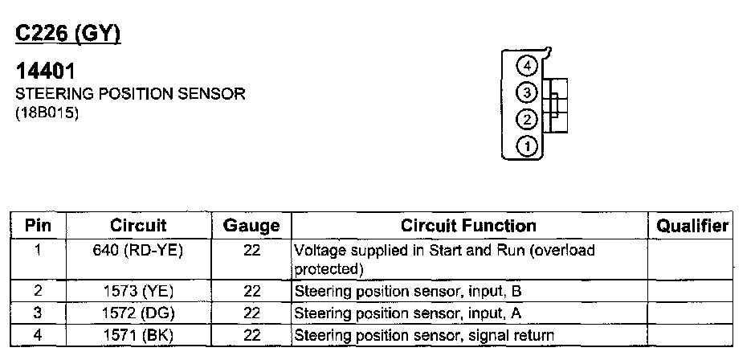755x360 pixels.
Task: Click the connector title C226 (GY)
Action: (x=68, y=35)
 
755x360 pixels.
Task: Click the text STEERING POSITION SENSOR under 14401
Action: (x=130, y=94)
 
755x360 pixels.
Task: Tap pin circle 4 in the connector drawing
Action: (x=526, y=66)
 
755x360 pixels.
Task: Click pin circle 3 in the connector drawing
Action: (x=526, y=92)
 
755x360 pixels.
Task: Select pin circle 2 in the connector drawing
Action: (x=526, y=120)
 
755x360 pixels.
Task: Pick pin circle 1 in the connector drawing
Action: (x=526, y=146)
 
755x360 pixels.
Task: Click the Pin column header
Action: (x=38, y=226)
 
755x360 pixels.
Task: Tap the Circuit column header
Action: (x=138, y=226)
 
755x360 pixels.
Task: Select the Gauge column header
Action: (x=251, y=226)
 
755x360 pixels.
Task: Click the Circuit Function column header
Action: (x=468, y=226)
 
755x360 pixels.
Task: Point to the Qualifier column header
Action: (x=692, y=226)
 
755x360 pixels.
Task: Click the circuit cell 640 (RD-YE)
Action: (x=138, y=251)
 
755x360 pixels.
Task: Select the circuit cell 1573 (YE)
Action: (x=138, y=290)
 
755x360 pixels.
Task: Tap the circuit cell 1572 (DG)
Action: (x=138, y=313)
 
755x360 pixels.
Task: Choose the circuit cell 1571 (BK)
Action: (x=138, y=334)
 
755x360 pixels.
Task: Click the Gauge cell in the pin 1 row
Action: (x=251, y=251)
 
